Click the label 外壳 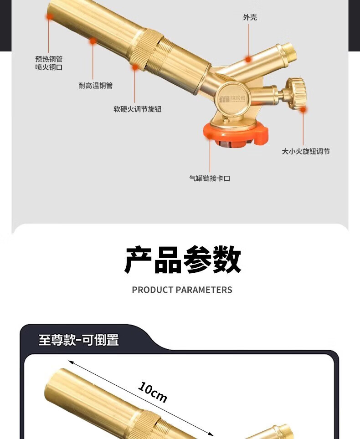[x=250, y=17]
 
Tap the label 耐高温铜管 [x=95, y=86]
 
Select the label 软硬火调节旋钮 [x=137, y=109]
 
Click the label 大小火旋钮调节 [x=305, y=152]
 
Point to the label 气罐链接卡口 [x=210, y=179]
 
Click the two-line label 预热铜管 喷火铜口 [x=49, y=63]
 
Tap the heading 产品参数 [x=182, y=260]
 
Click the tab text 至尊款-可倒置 [x=78, y=340]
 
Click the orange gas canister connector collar [x=235, y=133]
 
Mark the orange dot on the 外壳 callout [x=248, y=59]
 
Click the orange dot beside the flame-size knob [x=303, y=109]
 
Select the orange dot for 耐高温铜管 [x=93, y=41]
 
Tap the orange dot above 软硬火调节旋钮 [x=135, y=67]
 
